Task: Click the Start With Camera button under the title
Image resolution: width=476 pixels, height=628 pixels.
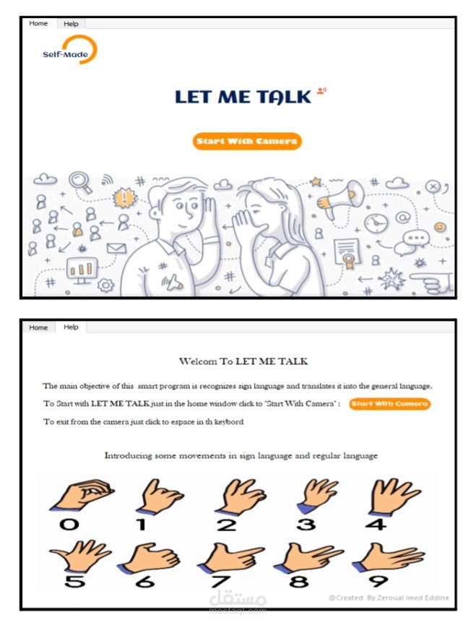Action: tap(246, 141)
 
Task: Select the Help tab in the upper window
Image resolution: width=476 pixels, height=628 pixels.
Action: tap(71, 24)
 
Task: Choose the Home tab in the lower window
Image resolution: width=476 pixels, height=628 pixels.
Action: tap(38, 327)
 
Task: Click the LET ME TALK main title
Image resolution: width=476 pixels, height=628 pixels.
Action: tap(243, 97)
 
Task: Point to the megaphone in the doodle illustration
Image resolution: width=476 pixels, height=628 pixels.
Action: tap(340, 197)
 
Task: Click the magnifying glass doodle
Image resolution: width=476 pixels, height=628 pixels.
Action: tap(79, 182)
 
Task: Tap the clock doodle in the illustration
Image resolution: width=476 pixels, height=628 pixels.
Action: tap(376, 223)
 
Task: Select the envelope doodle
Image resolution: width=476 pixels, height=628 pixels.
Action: tap(116, 249)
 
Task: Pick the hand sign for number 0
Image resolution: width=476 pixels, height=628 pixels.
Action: tap(82, 494)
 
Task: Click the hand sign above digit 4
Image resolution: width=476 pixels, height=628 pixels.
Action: tap(394, 496)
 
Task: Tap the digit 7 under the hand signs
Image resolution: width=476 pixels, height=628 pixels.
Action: tap(220, 581)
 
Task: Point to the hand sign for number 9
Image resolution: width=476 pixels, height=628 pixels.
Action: tap(388, 557)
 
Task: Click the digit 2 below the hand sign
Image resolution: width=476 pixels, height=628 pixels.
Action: tap(227, 525)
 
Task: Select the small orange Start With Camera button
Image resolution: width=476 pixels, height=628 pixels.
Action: tap(389, 404)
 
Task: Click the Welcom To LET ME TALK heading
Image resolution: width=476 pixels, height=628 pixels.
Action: tap(243, 361)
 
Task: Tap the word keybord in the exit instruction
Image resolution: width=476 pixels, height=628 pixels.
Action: tap(228, 422)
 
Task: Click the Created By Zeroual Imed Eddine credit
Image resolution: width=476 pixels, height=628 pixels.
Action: tap(389, 598)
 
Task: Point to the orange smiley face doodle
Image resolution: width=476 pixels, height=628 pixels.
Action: tap(440, 227)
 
